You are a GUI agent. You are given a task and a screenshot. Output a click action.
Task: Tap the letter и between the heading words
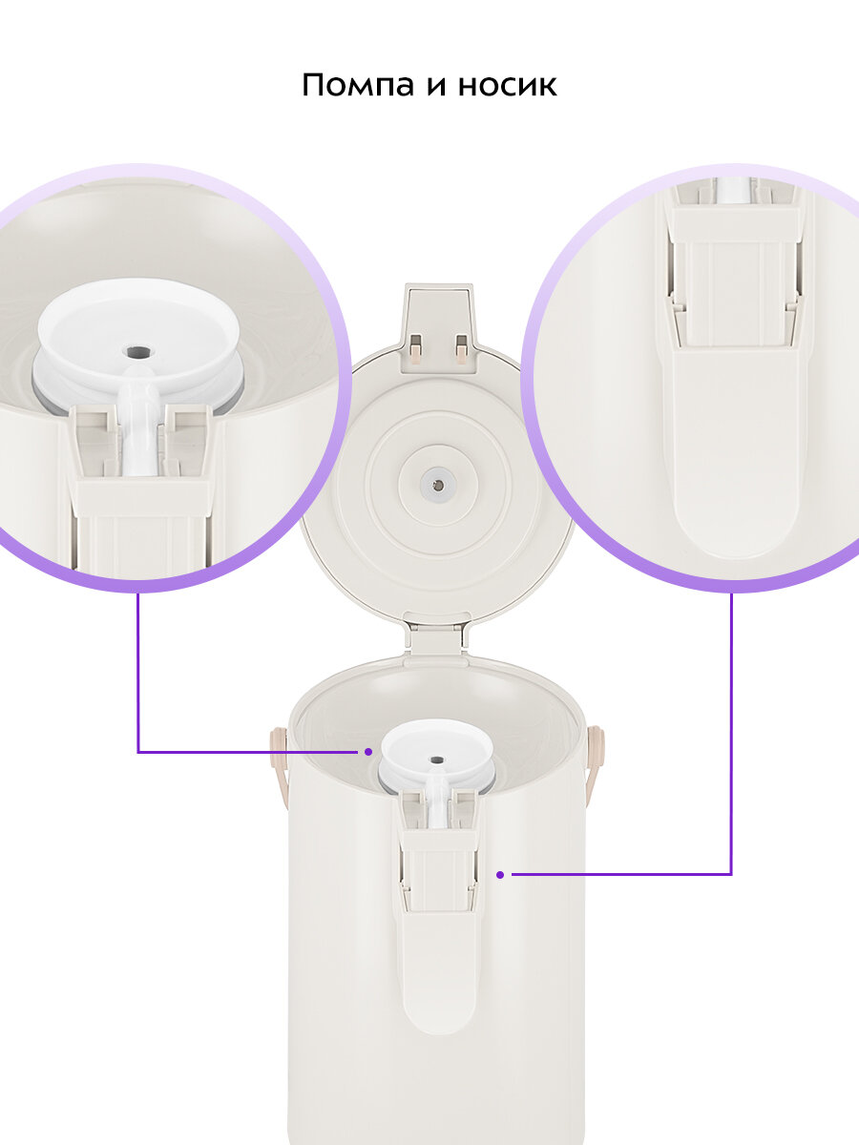point(436,87)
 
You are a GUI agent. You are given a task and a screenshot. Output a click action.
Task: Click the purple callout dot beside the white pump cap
point(368,752)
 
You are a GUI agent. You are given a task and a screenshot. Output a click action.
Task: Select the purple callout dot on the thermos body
point(500,875)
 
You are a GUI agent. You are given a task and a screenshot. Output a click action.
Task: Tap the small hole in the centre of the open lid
point(438,486)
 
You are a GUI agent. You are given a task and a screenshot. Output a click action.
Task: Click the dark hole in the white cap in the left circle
point(138,351)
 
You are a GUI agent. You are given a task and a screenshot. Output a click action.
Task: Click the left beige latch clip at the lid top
point(416,349)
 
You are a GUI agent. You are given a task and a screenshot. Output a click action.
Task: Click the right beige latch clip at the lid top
point(461,349)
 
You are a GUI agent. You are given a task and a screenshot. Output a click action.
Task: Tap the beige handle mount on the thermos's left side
point(279,768)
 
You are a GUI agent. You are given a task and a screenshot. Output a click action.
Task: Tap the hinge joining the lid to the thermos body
point(437,636)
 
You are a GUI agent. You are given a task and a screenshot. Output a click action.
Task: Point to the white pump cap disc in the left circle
point(138,334)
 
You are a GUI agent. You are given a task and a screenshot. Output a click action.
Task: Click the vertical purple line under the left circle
point(138,672)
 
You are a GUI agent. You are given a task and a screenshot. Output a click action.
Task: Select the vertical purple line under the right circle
point(731,734)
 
